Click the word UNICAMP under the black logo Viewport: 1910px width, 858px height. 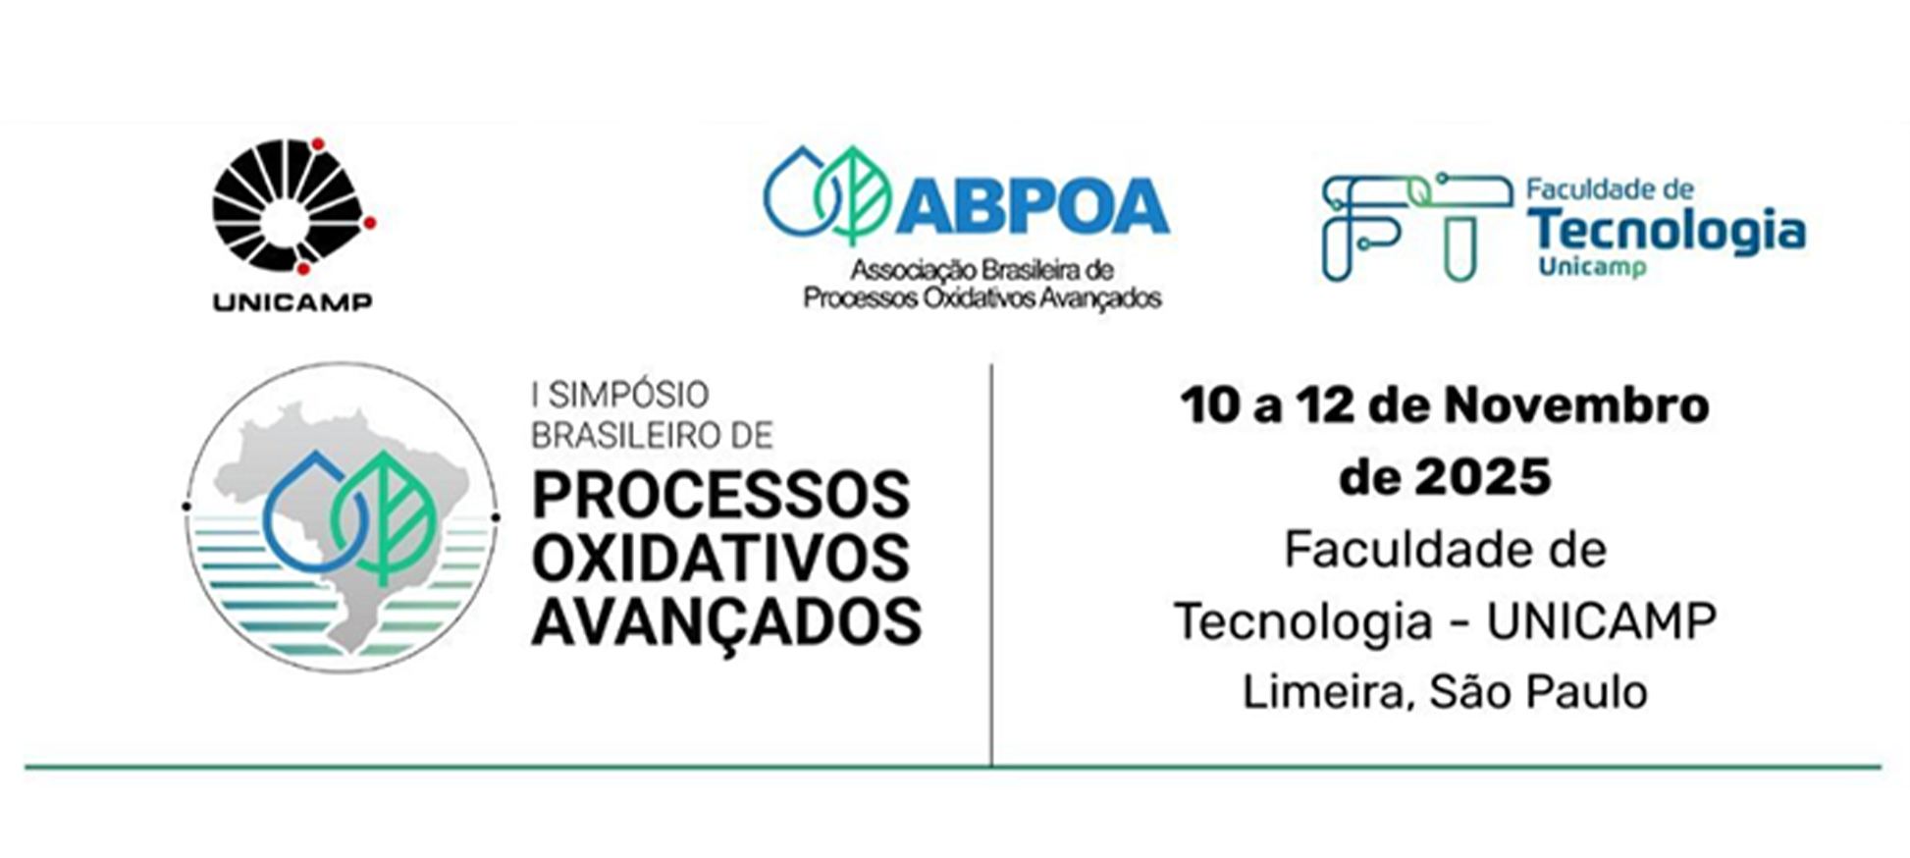coord(292,301)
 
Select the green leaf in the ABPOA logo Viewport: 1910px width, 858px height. coord(853,194)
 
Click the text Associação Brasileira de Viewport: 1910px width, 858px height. coord(982,269)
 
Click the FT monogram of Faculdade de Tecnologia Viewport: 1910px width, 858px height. coord(1415,227)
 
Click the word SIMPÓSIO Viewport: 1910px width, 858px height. coord(628,395)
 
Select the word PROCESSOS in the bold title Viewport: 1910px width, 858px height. coord(720,495)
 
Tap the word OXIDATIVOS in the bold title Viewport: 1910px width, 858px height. coord(720,558)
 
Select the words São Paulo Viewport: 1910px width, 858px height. coord(1538,692)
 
